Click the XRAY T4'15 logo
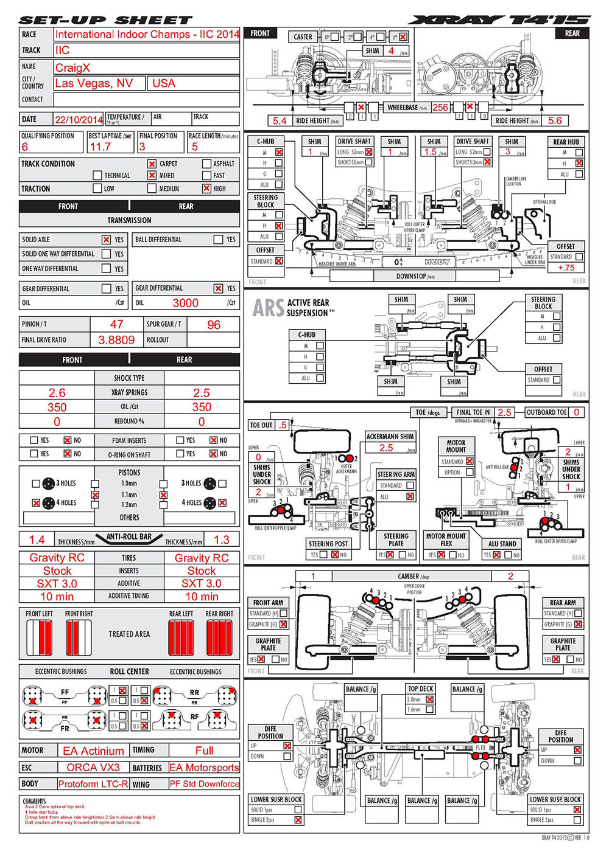coord(499,20)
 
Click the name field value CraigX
coord(72,68)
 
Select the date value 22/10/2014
coord(79,120)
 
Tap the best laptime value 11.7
coord(100,147)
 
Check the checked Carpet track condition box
coord(152,164)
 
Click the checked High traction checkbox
coord(206,189)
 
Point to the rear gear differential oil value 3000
coord(185,303)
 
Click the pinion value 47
coord(116,325)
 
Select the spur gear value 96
coord(214,325)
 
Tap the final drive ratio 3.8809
coord(116,340)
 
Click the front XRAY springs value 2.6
coord(57,393)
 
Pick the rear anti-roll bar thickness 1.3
coord(221,539)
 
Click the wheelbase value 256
coord(440,108)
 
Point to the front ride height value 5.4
coord(280,121)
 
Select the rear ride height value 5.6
coord(555,120)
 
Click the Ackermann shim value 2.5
coord(386,448)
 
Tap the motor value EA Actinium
coord(93,751)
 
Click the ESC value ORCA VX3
coord(93,768)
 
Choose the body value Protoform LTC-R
coord(93,784)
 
